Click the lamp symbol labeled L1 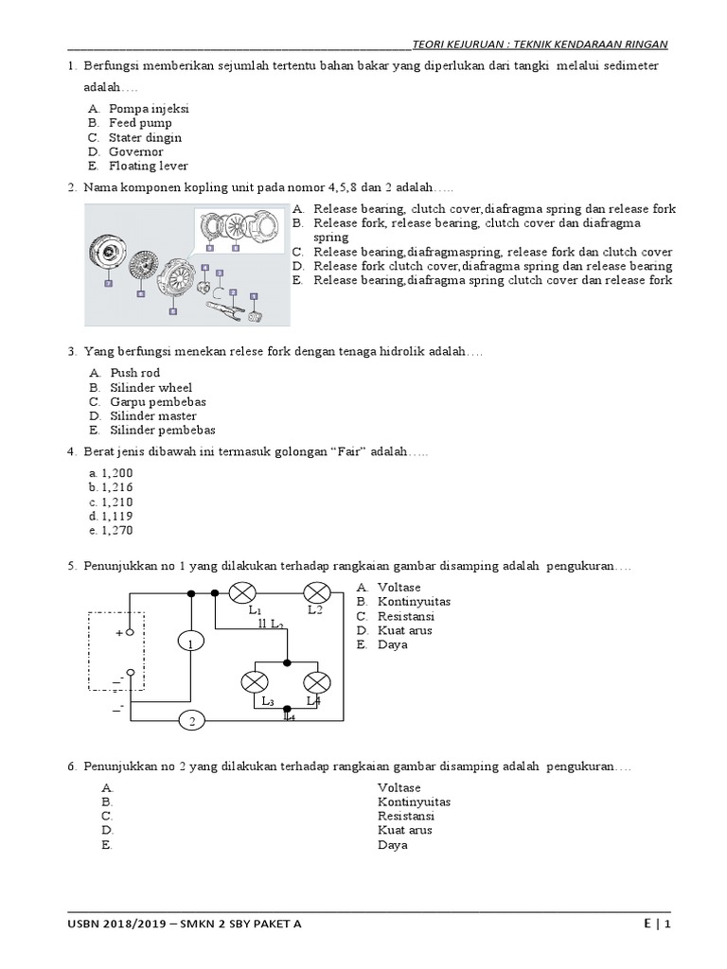point(243,593)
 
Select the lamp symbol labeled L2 point(315,593)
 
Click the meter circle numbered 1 point(190,643)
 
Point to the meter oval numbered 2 point(191,721)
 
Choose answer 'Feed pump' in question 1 point(134,123)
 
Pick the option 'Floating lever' point(148,166)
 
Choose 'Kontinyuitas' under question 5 point(414,601)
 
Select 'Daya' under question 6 point(392,844)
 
